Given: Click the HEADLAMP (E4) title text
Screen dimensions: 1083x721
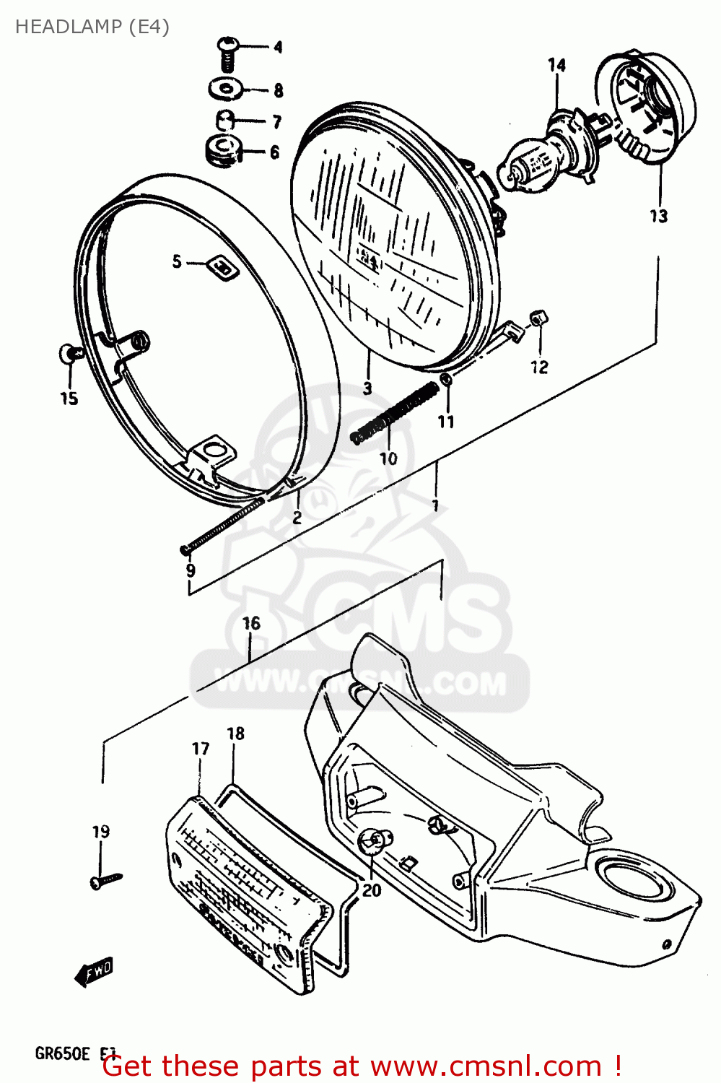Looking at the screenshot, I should [x=92, y=27].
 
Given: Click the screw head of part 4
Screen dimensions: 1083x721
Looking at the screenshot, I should [x=227, y=46].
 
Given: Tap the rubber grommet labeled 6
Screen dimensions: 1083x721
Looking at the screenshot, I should [x=222, y=149].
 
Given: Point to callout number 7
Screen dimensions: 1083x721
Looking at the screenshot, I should [x=276, y=122].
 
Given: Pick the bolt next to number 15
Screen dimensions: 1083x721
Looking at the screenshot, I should [x=70, y=353].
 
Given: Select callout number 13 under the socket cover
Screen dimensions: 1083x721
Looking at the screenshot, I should [x=658, y=215].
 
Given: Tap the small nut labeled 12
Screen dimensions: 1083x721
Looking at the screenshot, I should [x=538, y=317].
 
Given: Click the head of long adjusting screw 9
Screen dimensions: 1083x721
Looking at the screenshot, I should [x=185, y=550].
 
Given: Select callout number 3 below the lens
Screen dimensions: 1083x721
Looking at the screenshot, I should [x=367, y=388].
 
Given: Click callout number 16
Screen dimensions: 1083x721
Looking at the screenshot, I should [x=251, y=623].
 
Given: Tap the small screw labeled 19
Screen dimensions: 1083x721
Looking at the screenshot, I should [x=105, y=879].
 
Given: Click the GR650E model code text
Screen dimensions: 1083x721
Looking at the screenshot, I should [x=62, y=1053].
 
